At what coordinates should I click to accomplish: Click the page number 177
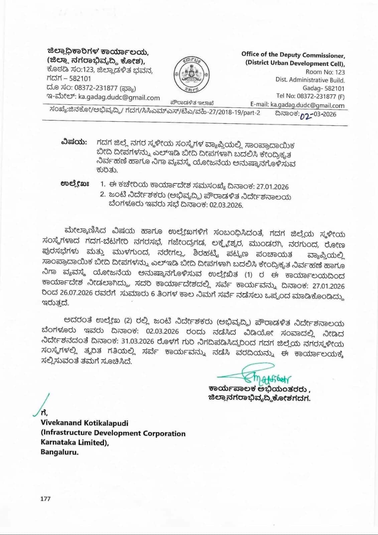point(45,499)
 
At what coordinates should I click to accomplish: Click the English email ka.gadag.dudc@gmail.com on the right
point(307,105)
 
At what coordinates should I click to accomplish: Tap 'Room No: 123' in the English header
point(325,72)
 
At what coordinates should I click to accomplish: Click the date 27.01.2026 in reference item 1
point(272,187)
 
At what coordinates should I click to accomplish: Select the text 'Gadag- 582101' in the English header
point(323,88)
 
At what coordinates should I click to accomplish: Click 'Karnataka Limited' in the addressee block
point(75,442)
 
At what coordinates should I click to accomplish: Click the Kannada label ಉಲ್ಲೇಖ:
point(75,184)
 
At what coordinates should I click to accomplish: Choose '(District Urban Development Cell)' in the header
point(295,64)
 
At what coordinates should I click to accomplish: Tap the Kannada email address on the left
point(119,98)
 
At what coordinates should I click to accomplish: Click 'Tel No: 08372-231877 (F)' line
point(310,97)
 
